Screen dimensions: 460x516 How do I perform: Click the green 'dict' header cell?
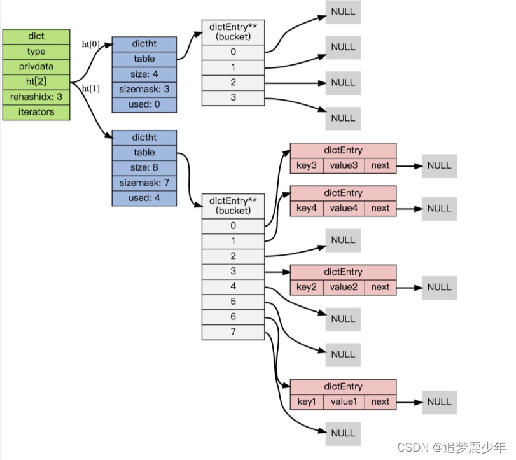[x=36, y=36]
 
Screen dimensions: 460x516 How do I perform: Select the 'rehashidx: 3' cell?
[x=36, y=97]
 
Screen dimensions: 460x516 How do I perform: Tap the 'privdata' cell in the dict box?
[x=36, y=67]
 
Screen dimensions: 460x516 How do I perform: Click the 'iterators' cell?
[x=36, y=112]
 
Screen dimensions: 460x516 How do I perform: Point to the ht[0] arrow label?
[x=91, y=44]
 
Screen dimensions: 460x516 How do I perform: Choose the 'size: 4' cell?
[x=144, y=74]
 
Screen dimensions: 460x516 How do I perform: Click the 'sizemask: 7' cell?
[x=144, y=183]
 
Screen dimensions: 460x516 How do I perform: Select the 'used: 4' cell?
[x=144, y=199]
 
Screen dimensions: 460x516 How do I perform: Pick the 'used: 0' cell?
[x=144, y=105]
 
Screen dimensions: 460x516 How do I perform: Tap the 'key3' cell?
[x=306, y=165]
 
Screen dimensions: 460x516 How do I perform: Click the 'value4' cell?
[x=344, y=208]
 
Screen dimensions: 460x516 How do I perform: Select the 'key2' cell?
[x=306, y=287]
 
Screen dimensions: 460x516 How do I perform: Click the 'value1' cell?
[x=344, y=401]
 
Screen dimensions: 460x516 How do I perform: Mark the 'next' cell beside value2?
[x=380, y=287]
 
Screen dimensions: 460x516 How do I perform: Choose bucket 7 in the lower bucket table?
[x=233, y=332]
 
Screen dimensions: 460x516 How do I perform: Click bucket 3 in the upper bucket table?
[x=233, y=97]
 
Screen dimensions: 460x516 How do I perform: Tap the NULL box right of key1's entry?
[x=439, y=401]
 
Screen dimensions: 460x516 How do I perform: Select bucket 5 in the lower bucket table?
[x=233, y=302]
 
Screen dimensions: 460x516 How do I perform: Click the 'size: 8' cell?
[x=144, y=168]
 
